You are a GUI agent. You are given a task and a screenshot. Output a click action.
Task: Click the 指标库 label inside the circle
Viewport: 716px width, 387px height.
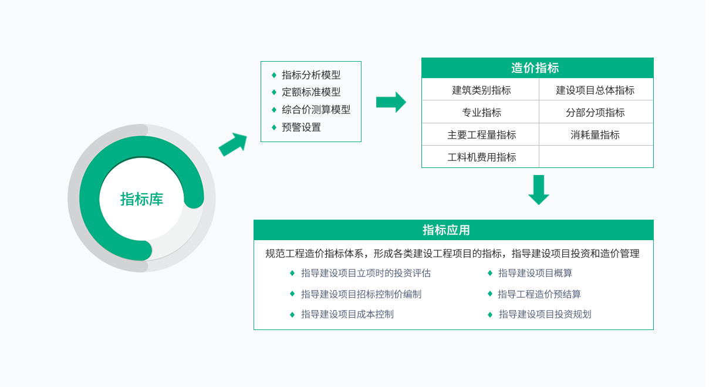pyautogui.click(x=141, y=199)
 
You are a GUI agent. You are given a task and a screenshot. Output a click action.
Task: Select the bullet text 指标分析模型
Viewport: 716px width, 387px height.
pyautogui.click(x=311, y=75)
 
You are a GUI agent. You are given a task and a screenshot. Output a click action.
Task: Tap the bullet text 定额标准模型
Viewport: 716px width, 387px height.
pyautogui.click(x=311, y=92)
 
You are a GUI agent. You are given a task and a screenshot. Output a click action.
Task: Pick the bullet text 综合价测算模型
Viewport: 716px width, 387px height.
pyautogui.click(x=316, y=110)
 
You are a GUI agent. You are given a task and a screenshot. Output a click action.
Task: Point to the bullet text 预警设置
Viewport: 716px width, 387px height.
pyautogui.click(x=301, y=127)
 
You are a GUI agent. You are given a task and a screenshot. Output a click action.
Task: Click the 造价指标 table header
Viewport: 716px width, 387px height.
pyautogui.click(x=537, y=68)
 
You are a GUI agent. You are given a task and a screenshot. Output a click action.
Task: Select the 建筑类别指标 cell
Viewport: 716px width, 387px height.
pyautogui.click(x=481, y=90)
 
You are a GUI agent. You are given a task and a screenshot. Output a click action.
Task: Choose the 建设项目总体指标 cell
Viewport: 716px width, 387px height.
pyautogui.click(x=595, y=90)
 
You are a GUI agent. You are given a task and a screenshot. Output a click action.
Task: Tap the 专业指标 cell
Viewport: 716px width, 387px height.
pyautogui.click(x=481, y=113)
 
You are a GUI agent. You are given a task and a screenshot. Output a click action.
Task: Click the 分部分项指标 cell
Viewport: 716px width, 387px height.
pyautogui.click(x=595, y=113)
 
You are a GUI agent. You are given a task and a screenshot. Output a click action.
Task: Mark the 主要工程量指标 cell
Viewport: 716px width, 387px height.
pyautogui.click(x=481, y=135)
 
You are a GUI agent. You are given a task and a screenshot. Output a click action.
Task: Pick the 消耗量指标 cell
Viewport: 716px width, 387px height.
pyautogui.click(x=595, y=135)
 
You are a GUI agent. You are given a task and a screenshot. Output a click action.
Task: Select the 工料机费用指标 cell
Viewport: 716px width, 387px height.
pyautogui.click(x=481, y=157)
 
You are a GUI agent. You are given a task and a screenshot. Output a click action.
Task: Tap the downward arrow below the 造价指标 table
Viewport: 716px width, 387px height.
pyautogui.click(x=538, y=190)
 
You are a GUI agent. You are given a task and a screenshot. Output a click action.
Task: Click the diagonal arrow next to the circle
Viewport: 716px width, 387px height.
pyautogui.click(x=233, y=144)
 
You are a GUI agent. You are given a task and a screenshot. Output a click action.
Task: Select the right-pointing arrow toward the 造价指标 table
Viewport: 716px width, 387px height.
pyautogui.click(x=391, y=102)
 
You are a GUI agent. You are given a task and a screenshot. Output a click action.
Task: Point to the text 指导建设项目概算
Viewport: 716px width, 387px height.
pyautogui.click(x=535, y=273)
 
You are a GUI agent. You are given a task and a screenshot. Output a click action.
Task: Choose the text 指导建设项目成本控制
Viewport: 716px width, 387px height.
pyautogui.click(x=347, y=314)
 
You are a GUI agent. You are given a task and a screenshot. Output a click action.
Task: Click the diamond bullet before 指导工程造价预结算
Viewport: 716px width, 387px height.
pyautogui.click(x=489, y=294)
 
